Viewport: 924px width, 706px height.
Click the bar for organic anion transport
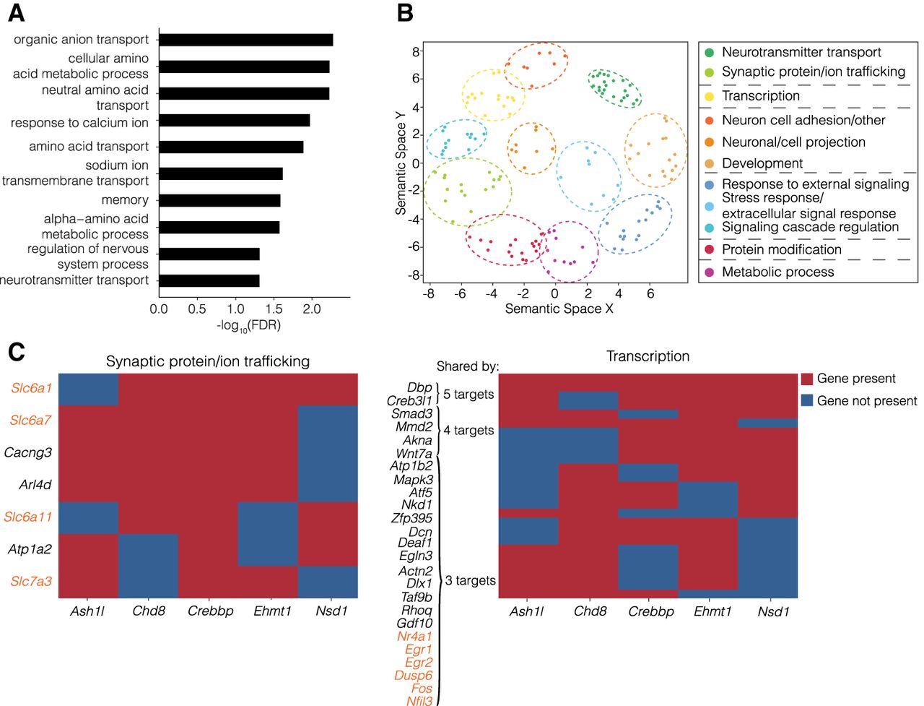245,40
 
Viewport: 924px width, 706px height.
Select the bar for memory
219,200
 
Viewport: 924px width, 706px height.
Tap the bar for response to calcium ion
234,120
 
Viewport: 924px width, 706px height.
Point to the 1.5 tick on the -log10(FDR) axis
273,309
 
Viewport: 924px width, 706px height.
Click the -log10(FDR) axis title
248,326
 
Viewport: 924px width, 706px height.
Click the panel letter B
405,13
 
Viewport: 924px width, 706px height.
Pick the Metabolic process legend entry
777,272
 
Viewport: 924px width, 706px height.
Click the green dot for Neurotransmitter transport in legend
709,53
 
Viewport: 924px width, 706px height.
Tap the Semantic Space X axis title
559,309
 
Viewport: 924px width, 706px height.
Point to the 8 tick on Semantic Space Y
416,52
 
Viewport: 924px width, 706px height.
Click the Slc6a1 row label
31,388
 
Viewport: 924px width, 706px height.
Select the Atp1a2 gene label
30,549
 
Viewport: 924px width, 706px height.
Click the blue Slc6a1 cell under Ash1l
88,389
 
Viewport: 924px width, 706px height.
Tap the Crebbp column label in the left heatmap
210,611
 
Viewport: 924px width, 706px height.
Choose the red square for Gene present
807,379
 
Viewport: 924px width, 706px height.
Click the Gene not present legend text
866,401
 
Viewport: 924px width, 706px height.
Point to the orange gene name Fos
422,689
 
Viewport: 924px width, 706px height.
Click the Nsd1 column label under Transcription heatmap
773,612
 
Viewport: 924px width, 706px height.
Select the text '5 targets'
468,395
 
